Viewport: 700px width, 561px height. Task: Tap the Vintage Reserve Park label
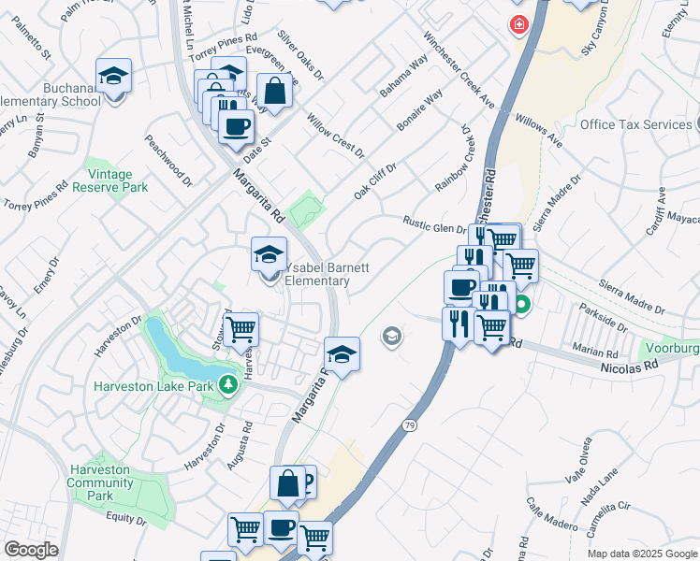(x=117, y=180)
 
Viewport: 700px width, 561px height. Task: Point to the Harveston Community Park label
(x=100, y=476)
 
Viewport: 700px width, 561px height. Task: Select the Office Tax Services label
(x=634, y=124)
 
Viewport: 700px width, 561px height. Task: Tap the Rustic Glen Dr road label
(x=434, y=225)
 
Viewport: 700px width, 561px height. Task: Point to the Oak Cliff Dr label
(x=375, y=180)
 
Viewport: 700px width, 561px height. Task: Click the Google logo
(x=31, y=550)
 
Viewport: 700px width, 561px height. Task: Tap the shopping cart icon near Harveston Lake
(x=241, y=328)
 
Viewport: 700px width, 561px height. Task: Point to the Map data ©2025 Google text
(x=642, y=554)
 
